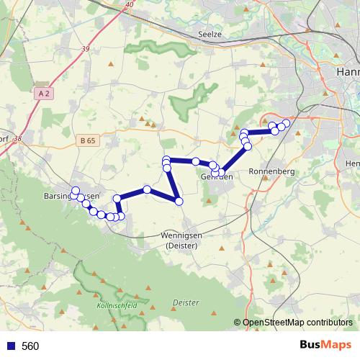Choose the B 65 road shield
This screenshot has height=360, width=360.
click(x=87, y=142)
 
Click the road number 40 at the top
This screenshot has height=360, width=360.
click(x=129, y=5)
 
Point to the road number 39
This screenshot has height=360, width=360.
click(x=86, y=49)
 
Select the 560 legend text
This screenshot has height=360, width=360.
click(x=30, y=346)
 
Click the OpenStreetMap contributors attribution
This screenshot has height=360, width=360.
click(x=297, y=323)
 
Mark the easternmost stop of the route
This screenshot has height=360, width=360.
click(x=286, y=123)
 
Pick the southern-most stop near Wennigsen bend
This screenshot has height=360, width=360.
click(x=179, y=201)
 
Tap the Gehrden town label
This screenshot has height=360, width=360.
click(x=215, y=177)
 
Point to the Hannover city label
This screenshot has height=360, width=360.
click(x=348, y=73)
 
